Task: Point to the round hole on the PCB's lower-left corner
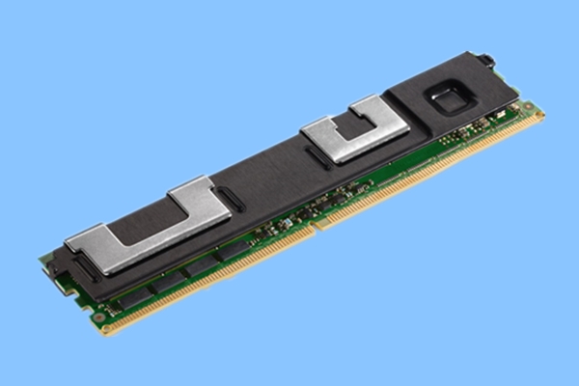pos(98,317)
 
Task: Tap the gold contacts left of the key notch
pos(212,280)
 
